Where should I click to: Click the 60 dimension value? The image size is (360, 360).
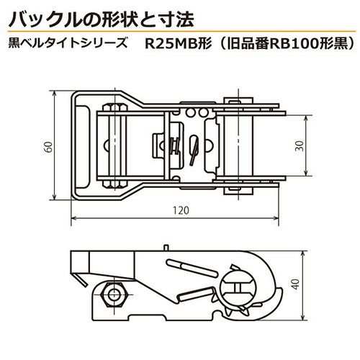pyautogui.click(x=49, y=147)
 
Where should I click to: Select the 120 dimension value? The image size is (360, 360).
pyautogui.click(x=181, y=210)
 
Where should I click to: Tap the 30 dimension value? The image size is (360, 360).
pyautogui.click(x=300, y=146)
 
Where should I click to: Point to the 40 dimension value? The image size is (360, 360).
pyautogui.click(x=297, y=284)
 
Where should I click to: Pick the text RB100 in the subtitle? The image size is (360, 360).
pyautogui.click(x=294, y=44)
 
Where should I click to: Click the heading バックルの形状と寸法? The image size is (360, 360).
pyautogui.click(x=101, y=19)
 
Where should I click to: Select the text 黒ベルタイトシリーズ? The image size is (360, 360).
pyautogui.click(x=68, y=44)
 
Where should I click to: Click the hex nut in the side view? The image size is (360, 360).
pyautogui.click(x=112, y=294)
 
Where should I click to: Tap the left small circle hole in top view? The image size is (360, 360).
pyautogui.click(x=191, y=112)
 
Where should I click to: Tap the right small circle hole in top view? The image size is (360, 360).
pyautogui.click(x=203, y=112)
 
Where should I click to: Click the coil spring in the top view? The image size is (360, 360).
pyautogui.click(x=175, y=145)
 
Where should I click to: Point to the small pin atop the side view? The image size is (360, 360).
pyautogui.click(x=166, y=248)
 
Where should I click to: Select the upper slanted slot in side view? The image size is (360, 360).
pyautogui.click(x=192, y=269)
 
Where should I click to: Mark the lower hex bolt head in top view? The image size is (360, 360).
pyautogui.click(x=114, y=184)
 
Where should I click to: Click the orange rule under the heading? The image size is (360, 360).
pyautogui.click(x=182, y=32)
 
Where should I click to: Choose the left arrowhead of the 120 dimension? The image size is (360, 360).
pyautogui.click(x=74, y=218)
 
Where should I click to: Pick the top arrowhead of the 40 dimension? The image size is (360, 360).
pyautogui.click(x=304, y=254)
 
